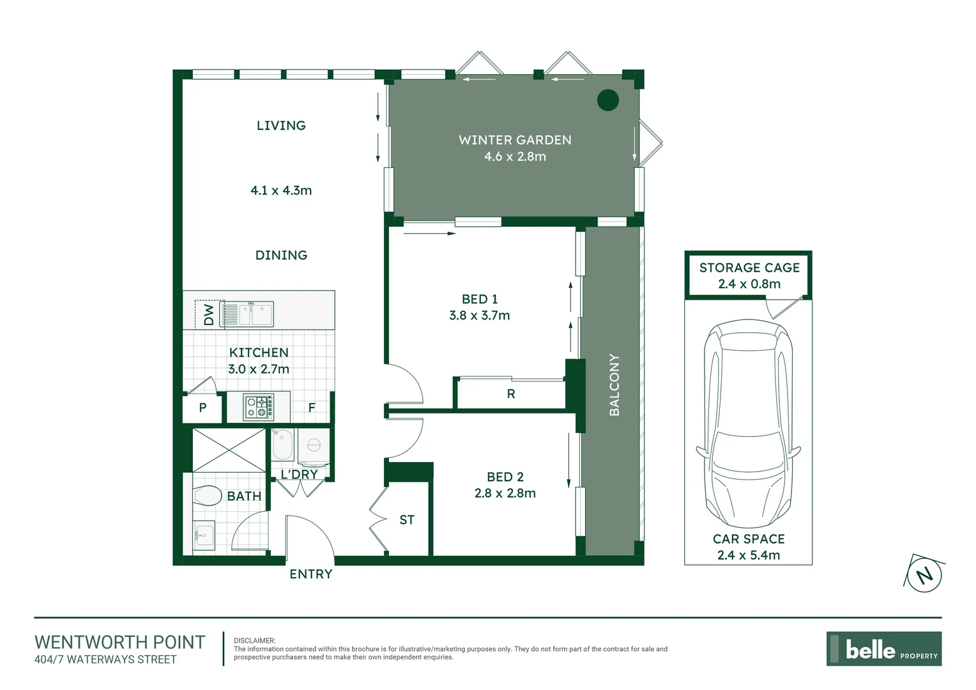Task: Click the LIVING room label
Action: click(281, 126)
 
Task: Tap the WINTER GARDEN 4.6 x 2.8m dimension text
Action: click(515, 157)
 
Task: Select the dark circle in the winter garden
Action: click(607, 100)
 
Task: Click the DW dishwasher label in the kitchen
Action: click(209, 314)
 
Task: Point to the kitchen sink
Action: click(247, 314)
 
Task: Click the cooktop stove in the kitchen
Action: click(259, 407)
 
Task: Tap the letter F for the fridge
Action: click(312, 408)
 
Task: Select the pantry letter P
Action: click(202, 408)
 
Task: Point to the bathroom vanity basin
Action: click(204, 535)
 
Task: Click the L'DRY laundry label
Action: click(299, 474)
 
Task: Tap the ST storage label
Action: click(407, 520)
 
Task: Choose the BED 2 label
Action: click(505, 477)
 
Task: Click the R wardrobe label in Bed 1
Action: click(511, 394)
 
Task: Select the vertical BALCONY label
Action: click(614, 385)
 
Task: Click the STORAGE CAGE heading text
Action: click(749, 268)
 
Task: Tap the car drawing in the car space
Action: click(748, 422)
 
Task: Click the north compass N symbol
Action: click(924, 574)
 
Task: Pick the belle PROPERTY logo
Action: click(883, 649)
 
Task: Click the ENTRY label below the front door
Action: click(311, 574)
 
